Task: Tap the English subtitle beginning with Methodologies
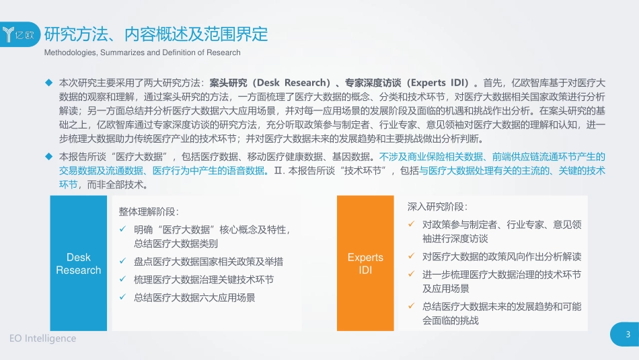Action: coord(142,52)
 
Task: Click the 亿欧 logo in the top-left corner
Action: coord(20,34)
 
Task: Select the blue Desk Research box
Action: coord(79,264)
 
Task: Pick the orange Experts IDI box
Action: coord(365,264)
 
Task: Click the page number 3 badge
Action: coord(627,335)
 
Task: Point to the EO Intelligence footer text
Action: coord(43,338)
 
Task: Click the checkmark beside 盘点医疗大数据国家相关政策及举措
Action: coord(123,262)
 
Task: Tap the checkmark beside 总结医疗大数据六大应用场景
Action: coord(123,297)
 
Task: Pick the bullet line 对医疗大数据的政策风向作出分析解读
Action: coord(501,256)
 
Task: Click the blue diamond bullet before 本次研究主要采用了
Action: coord(48,83)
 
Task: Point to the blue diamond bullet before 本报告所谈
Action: coord(48,156)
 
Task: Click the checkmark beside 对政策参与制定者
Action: coord(412,223)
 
